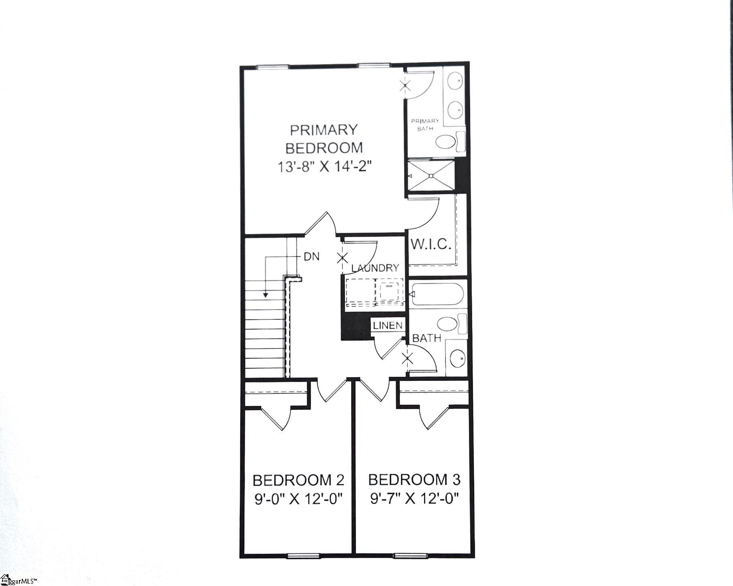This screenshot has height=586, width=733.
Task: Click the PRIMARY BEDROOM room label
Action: click(324, 139)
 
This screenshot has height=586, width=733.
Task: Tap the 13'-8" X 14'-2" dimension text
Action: click(324, 166)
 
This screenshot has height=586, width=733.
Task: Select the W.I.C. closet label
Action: click(431, 244)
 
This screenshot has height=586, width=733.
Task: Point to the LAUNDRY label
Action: click(375, 268)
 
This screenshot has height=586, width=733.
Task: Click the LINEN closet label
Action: click(388, 325)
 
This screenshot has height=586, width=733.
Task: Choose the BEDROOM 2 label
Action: click(298, 480)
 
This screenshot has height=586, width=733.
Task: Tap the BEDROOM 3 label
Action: click(414, 480)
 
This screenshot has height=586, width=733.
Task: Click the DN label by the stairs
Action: click(311, 256)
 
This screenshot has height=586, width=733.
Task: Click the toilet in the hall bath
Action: click(452, 324)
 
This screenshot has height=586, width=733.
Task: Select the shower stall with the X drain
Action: click(431, 176)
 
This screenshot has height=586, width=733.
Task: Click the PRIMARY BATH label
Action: click(425, 124)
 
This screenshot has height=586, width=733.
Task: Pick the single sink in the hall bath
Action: click(457, 358)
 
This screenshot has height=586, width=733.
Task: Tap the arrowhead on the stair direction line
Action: click(265, 295)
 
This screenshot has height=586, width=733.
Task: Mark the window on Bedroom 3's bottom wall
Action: click(410, 556)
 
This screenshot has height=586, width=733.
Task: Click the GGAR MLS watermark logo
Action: click(18, 580)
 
